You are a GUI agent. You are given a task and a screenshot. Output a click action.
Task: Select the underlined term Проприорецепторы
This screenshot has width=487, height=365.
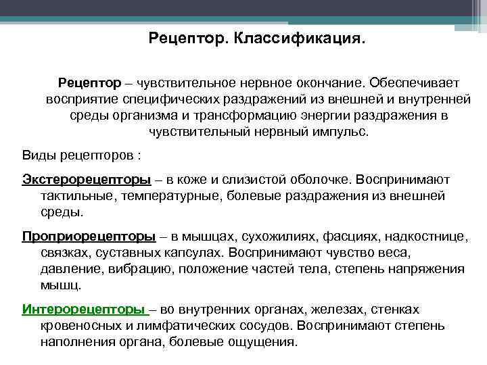coord(89,236)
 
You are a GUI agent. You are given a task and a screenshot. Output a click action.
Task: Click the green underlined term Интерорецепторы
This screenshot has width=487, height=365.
coord(85,309)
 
